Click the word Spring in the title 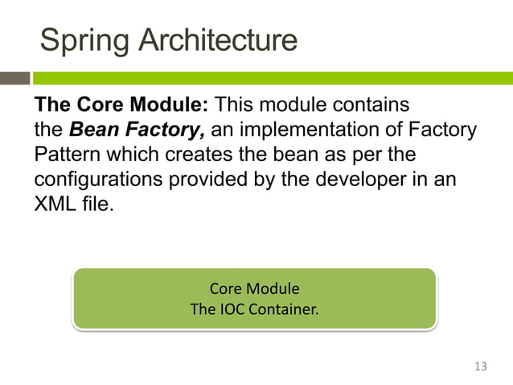tap(84, 40)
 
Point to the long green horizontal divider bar tap(273, 78)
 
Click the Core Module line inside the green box tap(254, 288)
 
